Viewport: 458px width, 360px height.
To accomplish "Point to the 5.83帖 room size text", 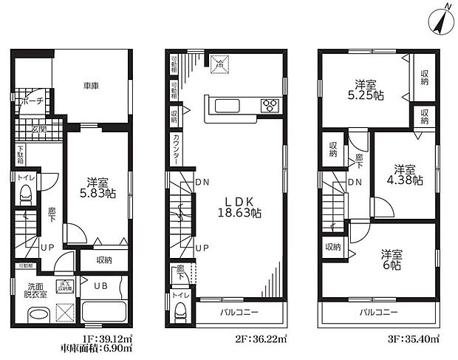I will tap(96, 191).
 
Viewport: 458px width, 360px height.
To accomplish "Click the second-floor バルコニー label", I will tap(238, 313).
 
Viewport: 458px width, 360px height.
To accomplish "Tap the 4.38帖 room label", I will tap(403, 174).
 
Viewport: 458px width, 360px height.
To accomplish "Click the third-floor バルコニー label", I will tap(378, 313).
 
